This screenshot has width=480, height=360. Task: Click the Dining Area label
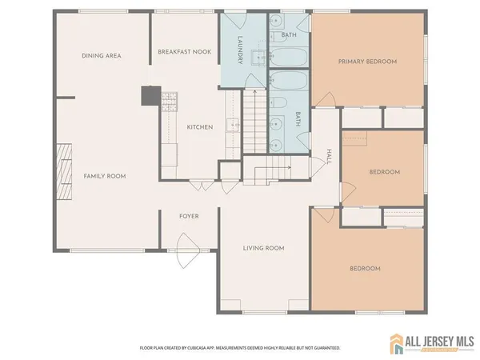click(101, 55)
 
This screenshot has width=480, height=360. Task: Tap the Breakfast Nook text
click(183, 51)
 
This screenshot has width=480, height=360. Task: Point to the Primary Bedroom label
click(368, 61)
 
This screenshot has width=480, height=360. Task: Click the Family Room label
click(106, 176)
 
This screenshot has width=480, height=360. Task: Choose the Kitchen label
click(199, 127)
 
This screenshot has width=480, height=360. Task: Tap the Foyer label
click(189, 216)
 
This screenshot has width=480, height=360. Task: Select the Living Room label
click(264, 248)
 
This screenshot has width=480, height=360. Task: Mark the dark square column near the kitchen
click(150, 96)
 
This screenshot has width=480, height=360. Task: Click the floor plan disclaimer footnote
click(241, 348)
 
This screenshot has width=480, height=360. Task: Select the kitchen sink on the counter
click(232, 125)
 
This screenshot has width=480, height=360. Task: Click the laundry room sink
click(258, 58)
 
